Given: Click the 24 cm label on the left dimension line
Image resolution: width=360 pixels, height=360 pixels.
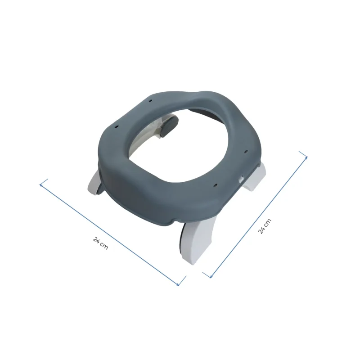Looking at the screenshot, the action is [x=100, y=243].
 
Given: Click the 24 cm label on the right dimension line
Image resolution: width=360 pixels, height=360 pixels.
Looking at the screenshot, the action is [x=265, y=226].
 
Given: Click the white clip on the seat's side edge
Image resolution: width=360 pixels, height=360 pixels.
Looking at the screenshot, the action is [x=241, y=179].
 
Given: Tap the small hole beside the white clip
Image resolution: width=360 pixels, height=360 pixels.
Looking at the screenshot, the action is [x=216, y=184].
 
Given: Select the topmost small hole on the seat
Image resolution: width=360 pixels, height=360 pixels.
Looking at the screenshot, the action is [x=150, y=100].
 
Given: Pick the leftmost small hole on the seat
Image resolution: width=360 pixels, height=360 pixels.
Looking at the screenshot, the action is [x=116, y=126].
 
